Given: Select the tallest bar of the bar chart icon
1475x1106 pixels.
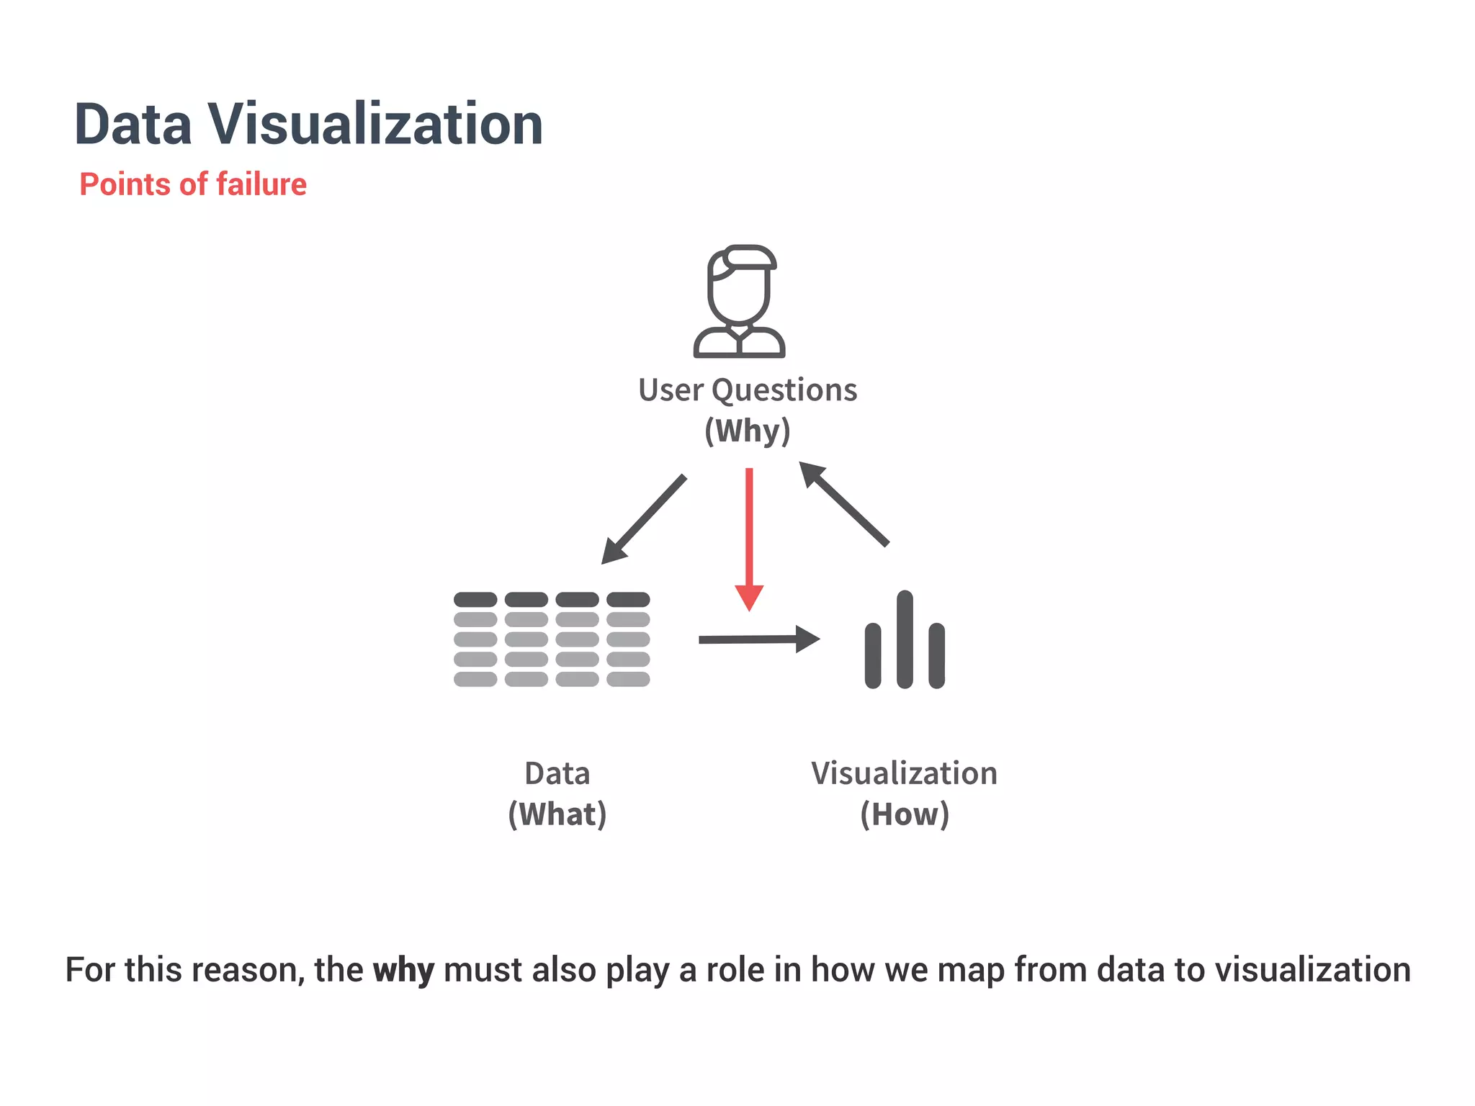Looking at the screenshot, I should [905, 639].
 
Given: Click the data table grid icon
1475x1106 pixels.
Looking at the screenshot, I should [552, 639].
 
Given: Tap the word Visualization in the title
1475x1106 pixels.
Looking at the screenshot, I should [376, 125].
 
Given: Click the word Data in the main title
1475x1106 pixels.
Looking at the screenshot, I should [133, 125].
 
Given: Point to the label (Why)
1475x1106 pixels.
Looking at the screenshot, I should [748, 431].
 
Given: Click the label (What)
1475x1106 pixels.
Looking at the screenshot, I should [557, 814].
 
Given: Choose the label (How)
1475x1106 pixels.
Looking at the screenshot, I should [905, 814].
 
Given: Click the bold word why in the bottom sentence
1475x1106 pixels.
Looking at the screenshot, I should [403, 970].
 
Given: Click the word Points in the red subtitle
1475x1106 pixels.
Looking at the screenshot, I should [125, 184].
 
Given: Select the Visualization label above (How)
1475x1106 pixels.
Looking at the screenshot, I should [905, 773].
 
